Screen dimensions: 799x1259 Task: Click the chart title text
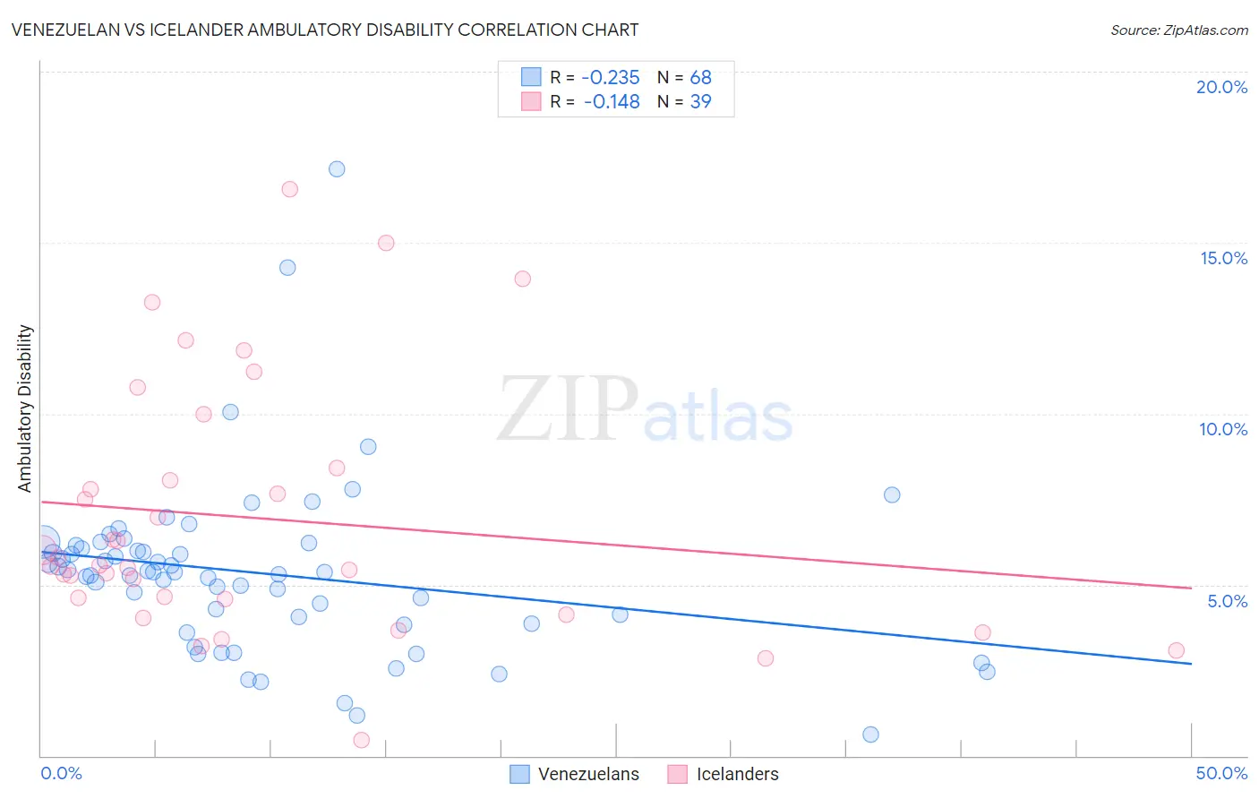pyautogui.click(x=325, y=30)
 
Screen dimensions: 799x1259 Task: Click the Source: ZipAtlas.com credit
pyautogui.click(x=1178, y=30)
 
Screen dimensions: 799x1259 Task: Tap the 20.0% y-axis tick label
pyautogui.click(x=1221, y=87)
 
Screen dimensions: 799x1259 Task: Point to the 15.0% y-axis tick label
pyautogui.click(x=1223, y=258)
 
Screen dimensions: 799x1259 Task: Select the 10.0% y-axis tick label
pyautogui.click(x=1223, y=429)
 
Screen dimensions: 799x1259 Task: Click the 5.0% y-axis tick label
pyautogui.click(x=1227, y=601)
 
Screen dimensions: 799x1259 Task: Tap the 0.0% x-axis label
pyautogui.click(x=61, y=773)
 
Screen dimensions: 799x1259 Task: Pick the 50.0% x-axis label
pyautogui.click(x=1221, y=773)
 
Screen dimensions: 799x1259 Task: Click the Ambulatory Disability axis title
pyautogui.click(x=25, y=408)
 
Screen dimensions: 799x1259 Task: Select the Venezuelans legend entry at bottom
pyautogui.click(x=575, y=774)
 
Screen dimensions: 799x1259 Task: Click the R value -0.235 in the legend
pyautogui.click(x=611, y=78)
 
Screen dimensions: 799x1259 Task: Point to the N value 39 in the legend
pyautogui.click(x=700, y=102)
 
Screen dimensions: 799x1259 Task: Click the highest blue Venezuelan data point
pyautogui.click(x=337, y=168)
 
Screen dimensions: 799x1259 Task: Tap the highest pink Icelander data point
pyautogui.click(x=289, y=189)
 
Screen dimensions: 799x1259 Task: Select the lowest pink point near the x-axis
pyautogui.click(x=362, y=740)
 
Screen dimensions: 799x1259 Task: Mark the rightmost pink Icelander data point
pyautogui.click(x=1176, y=650)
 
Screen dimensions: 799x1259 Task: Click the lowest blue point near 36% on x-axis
pyautogui.click(x=870, y=735)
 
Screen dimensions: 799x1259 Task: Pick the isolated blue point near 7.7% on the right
pyautogui.click(x=892, y=494)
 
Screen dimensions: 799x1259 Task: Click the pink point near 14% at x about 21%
pyautogui.click(x=523, y=279)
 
